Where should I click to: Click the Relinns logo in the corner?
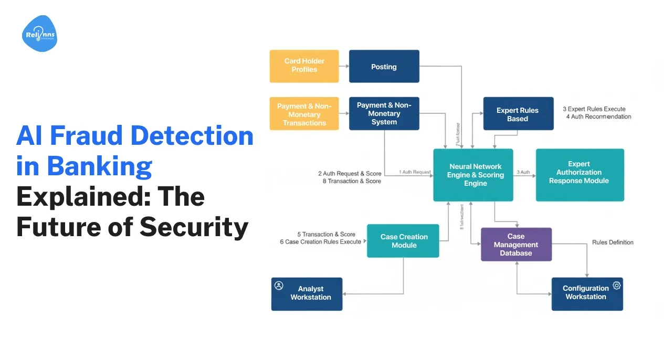coord(39,34)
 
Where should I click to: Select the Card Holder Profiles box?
coord(304,66)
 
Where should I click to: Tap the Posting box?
coord(384,67)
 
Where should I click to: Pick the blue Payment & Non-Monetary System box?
coord(384,113)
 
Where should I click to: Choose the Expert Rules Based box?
coord(518,114)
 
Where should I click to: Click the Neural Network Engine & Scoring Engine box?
coord(472,175)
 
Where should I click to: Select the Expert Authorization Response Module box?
coord(580,175)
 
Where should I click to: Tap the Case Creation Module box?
coord(403,241)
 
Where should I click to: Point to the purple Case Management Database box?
coord(516,245)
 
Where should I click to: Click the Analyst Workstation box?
coord(307,294)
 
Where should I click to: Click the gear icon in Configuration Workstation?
coord(616,285)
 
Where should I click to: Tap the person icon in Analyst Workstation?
coord(279,285)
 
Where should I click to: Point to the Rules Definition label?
coord(613,242)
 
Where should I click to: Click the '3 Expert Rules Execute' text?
coord(594,109)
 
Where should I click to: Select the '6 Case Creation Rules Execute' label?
coord(320,242)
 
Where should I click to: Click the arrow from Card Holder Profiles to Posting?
coord(344,66)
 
